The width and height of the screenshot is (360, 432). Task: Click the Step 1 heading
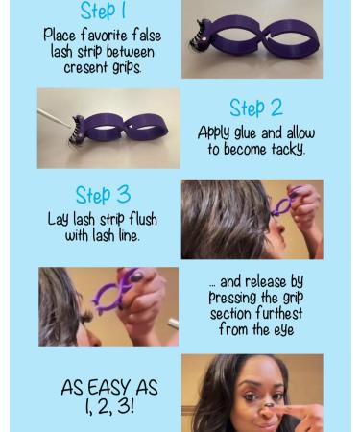(103, 12)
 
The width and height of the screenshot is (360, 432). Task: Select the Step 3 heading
(103, 195)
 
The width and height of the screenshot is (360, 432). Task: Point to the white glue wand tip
(45, 117)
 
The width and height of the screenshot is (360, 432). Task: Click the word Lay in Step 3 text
(60, 219)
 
